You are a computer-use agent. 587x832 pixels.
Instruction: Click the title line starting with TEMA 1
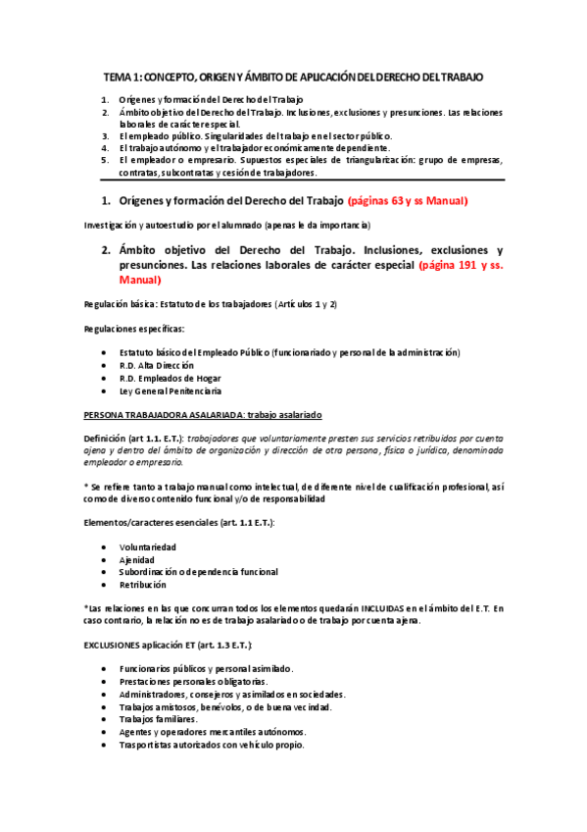[293, 76]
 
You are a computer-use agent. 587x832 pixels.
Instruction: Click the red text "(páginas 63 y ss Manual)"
[408, 201]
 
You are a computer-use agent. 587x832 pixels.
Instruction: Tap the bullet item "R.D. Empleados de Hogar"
[170, 378]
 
